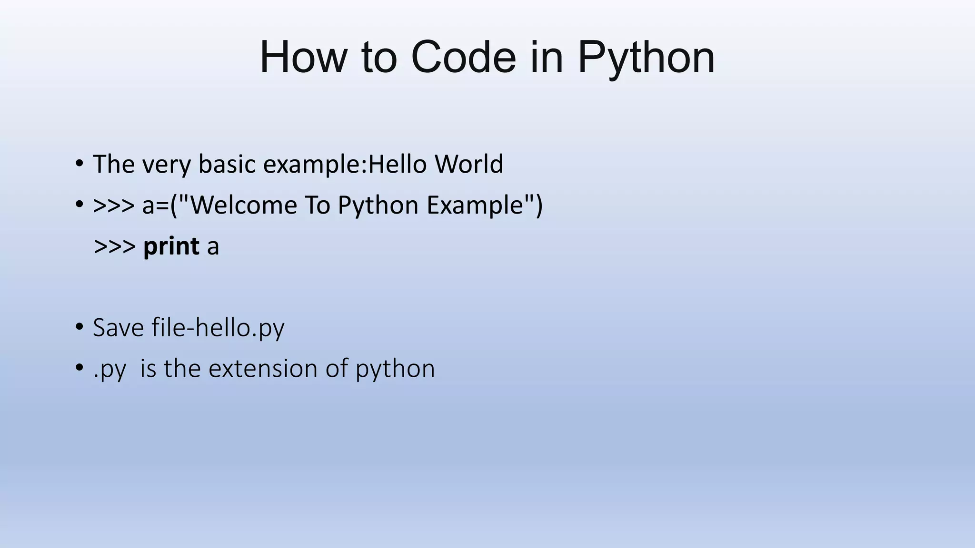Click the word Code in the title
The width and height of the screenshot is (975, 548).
point(463,57)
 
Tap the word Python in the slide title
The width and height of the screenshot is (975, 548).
point(646,58)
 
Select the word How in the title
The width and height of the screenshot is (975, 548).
point(303,57)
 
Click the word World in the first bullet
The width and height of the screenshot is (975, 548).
point(468,164)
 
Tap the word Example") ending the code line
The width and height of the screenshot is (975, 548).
point(484,206)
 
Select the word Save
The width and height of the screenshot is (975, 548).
point(118,328)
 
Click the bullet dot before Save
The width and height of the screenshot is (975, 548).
point(79,328)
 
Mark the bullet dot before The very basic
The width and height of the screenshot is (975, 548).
point(79,164)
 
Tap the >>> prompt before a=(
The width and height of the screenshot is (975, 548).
point(114,205)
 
